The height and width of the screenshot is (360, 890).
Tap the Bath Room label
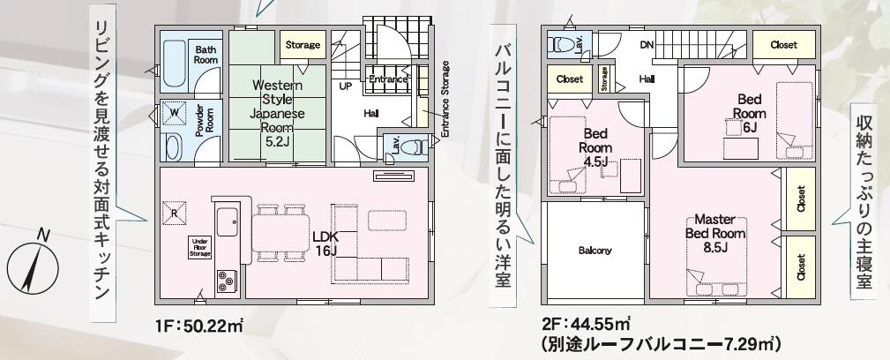(x=206, y=54)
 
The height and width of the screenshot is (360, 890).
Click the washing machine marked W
(x=175, y=114)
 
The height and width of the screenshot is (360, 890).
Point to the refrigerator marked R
(x=173, y=213)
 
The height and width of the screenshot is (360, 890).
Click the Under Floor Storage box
(x=201, y=248)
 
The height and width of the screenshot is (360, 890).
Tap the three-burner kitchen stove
(x=226, y=280)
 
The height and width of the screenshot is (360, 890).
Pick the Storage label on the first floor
(x=303, y=45)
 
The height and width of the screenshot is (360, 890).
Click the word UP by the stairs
(x=344, y=87)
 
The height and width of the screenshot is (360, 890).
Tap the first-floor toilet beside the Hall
(x=413, y=147)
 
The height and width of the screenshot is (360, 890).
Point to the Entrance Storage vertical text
(x=445, y=99)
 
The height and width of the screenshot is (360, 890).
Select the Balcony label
(x=595, y=251)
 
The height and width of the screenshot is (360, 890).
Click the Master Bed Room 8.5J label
(x=715, y=233)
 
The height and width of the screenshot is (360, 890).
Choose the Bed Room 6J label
(x=750, y=113)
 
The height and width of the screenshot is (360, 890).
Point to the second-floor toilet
(x=563, y=45)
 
